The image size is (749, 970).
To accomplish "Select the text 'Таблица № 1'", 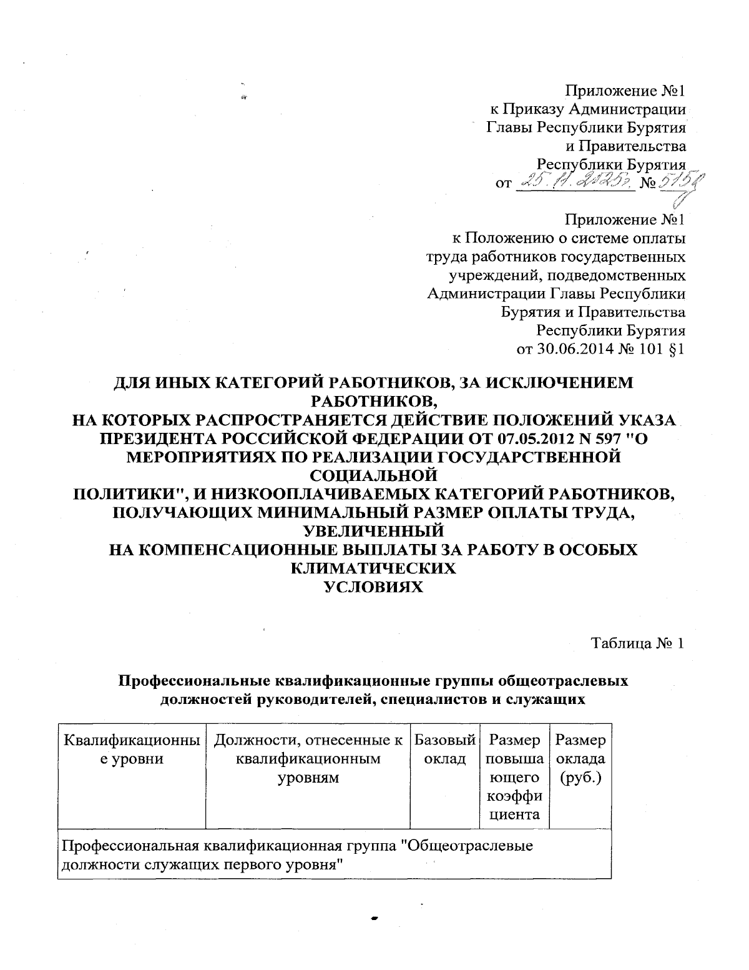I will point(639,644).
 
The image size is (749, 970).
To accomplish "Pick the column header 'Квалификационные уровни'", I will point(132,750).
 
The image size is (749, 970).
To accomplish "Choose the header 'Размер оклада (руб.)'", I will point(580,759).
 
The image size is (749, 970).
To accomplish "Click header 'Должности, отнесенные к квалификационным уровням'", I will point(308,759).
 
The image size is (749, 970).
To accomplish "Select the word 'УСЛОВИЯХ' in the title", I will point(374,587).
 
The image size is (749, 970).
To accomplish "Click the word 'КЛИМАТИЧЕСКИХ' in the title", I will point(373,568).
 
